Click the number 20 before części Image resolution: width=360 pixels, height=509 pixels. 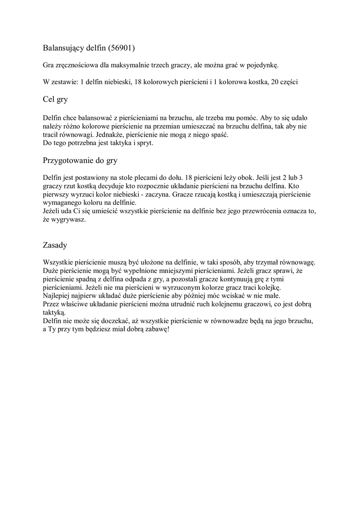click(276, 82)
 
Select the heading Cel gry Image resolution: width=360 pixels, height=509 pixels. click(55, 99)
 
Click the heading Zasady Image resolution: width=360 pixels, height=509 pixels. click(55, 245)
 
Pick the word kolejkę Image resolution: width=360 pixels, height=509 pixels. click(269, 288)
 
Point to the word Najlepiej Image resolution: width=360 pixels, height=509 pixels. click(57, 296)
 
